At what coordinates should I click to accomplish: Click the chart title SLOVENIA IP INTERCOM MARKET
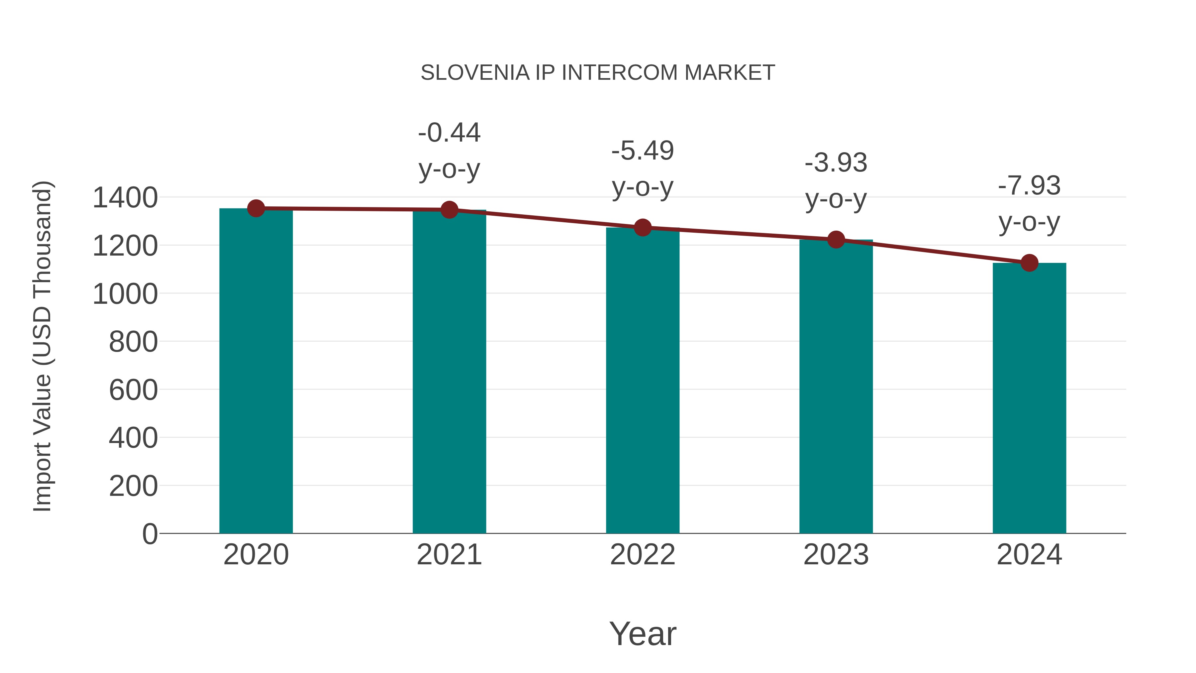coord(598,73)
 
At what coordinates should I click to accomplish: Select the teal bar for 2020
coord(256,372)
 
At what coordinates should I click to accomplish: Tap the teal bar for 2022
coord(643,381)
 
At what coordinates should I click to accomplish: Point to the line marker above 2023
coord(836,240)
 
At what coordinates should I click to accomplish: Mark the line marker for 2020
coord(256,208)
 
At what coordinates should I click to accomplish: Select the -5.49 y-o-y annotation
coord(643,169)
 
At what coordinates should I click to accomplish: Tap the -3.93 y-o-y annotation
coord(836,181)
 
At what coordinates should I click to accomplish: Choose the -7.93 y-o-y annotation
coord(1029,204)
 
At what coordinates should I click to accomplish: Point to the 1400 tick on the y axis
coord(125,198)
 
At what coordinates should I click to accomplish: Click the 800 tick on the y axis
coord(133,342)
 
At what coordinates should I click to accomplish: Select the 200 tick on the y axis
coord(133,486)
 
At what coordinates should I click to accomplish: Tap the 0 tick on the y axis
coord(150,534)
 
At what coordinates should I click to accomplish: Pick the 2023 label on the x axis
coord(836,555)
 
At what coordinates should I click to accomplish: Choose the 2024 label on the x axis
coord(1029,555)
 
